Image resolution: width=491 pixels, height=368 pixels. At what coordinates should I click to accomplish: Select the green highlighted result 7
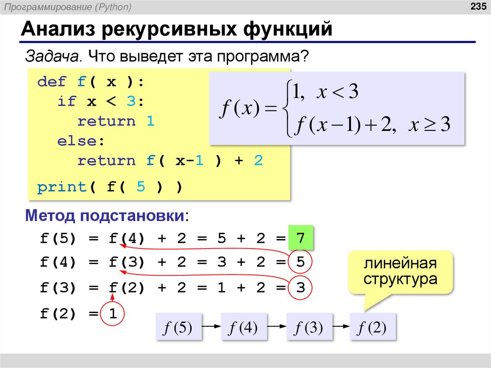301,238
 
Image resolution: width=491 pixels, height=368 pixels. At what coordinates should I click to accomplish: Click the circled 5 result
301,263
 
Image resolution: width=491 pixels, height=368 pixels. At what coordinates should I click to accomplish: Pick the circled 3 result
301,288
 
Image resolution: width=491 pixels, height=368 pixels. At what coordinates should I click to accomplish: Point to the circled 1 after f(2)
113,314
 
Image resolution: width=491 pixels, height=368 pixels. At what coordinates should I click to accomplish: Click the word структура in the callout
400,279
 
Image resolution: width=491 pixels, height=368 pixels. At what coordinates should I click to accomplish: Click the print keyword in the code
62,187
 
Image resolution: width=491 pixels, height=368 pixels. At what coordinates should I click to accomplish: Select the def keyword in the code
52,82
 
